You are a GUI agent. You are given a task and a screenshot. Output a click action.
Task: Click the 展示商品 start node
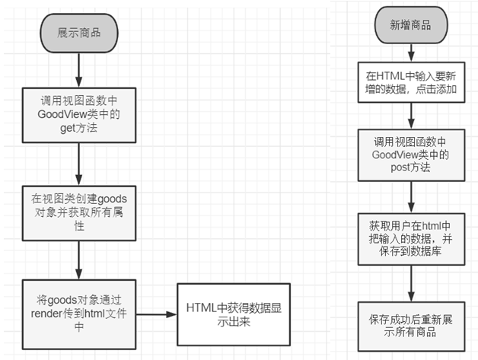click(x=78, y=32)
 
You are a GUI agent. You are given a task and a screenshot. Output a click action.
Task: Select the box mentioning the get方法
click(x=78, y=113)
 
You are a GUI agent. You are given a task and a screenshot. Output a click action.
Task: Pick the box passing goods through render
click(x=78, y=314)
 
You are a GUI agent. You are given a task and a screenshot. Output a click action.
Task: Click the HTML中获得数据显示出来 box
click(x=222, y=314)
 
